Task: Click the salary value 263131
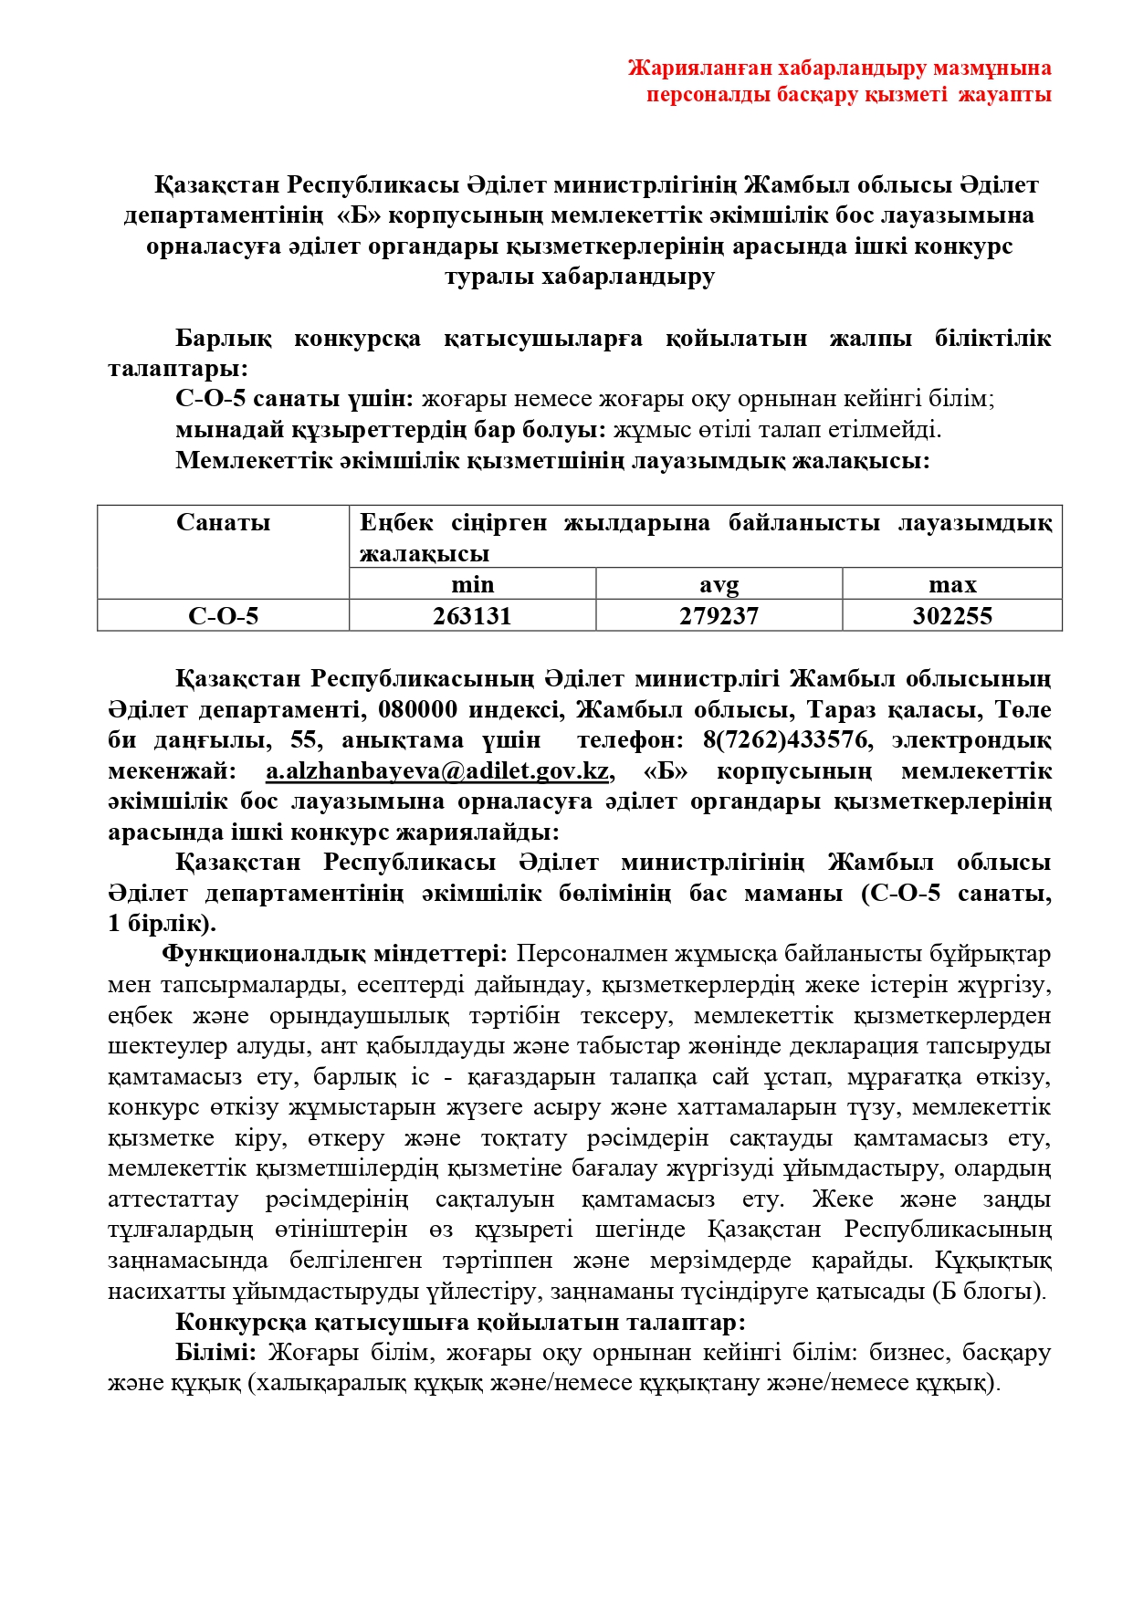click(x=472, y=616)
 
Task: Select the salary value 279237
click(x=719, y=616)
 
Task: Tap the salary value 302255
click(x=951, y=616)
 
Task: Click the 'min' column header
click(x=472, y=584)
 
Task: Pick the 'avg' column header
click(x=719, y=584)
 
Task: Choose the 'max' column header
click(x=951, y=584)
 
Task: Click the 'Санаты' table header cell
click(x=223, y=522)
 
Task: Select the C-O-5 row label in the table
click(x=223, y=616)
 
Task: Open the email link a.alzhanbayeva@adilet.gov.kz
click(x=437, y=770)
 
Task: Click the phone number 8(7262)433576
click(x=785, y=739)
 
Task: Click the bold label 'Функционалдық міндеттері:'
click(x=335, y=954)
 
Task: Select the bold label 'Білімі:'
click(x=215, y=1353)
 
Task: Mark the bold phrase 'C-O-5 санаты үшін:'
click(x=295, y=399)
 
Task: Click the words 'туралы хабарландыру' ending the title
click(x=580, y=277)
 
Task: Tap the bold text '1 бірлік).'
click(x=162, y=923)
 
